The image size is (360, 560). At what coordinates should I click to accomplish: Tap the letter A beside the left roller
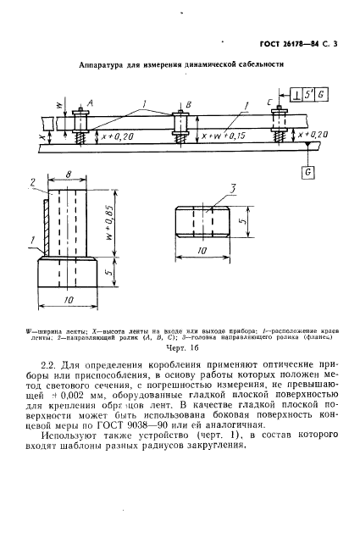[90, 100]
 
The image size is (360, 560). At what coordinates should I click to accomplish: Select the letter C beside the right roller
[269, 100]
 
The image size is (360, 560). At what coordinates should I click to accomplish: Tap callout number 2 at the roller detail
[32, 182]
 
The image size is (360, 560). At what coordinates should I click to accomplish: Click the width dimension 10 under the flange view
[202, 252]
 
